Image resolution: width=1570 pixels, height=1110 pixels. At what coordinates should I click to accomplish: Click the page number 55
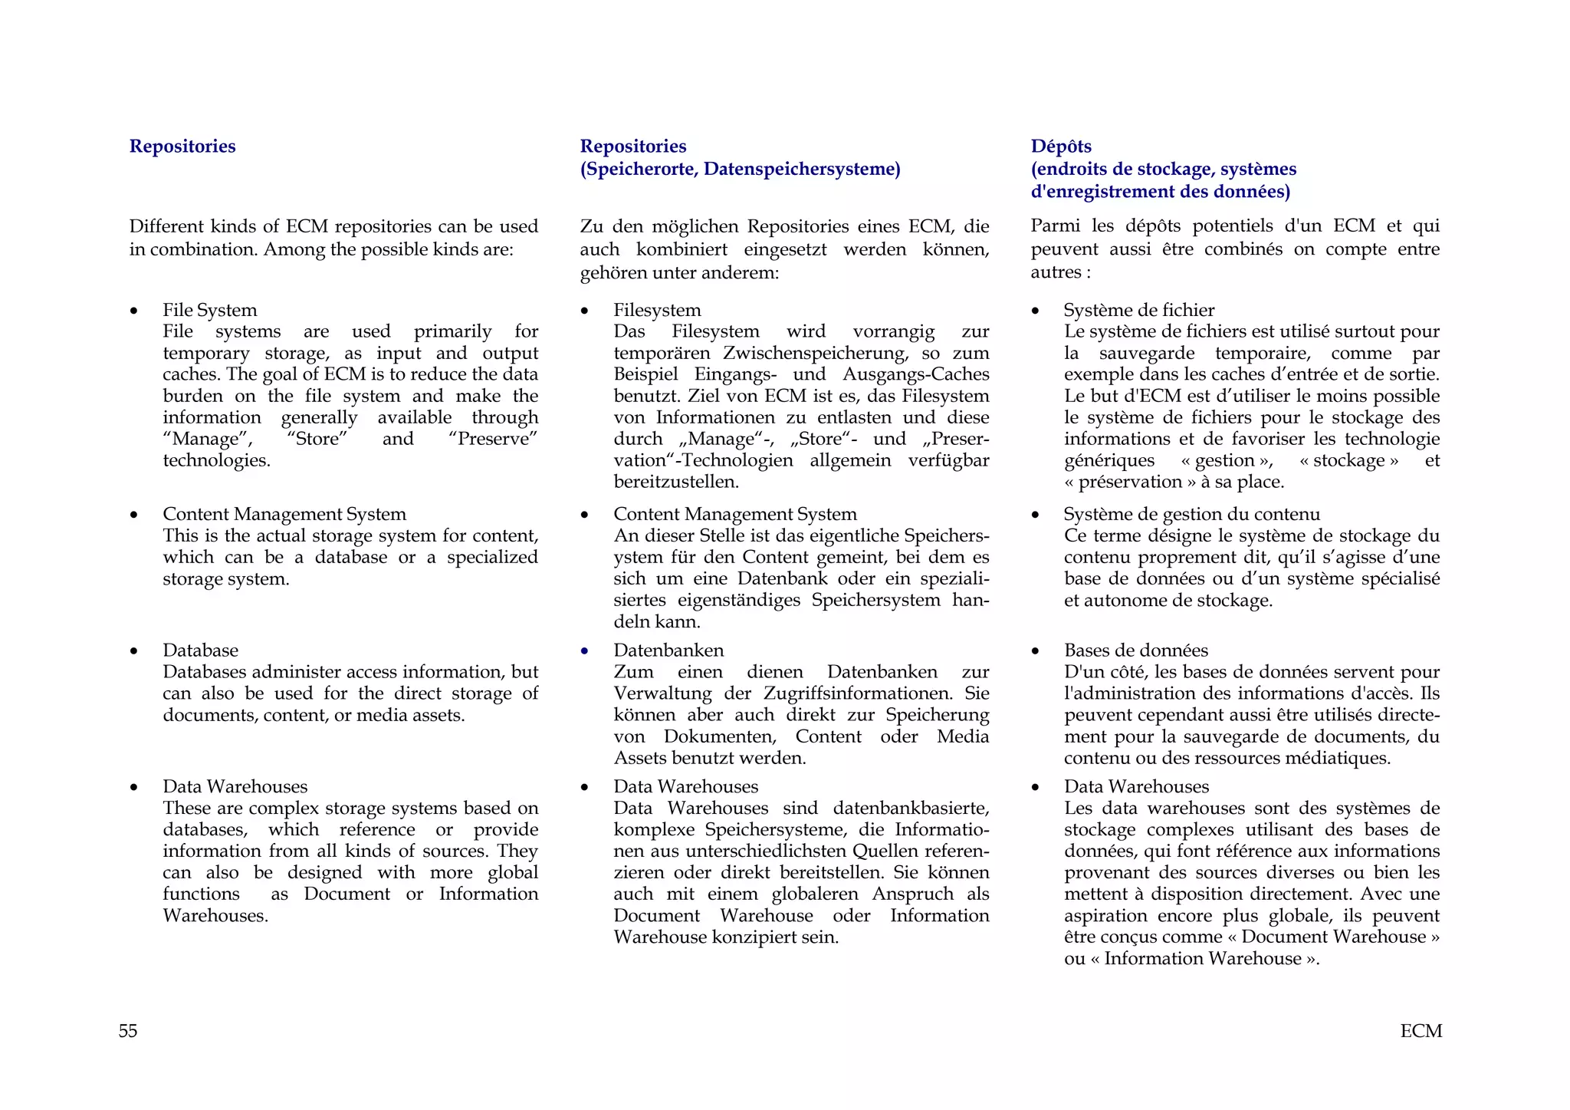pyautogui.click(x=128, y=1031)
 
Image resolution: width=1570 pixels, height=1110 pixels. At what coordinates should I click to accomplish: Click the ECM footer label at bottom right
pyautogui.click(x=1421, y=1031)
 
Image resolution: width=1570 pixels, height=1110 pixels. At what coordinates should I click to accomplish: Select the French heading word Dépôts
pyautogui.click(x=1061, y=147)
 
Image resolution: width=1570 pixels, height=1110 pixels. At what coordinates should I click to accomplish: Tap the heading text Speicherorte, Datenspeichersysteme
pyautogui.click(x=740, y=169)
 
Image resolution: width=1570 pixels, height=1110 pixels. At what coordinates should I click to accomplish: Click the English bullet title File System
pyautogui.click(x=209, y=310)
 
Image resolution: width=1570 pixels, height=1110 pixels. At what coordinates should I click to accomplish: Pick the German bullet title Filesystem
pyautogui.click(x=657, y=310)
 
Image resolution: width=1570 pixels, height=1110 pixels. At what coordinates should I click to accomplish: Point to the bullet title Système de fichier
pyautogui.click(x=1138, y=310)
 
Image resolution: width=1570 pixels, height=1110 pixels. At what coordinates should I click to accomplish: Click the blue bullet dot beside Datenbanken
pyautogui.click(x=585, y=651)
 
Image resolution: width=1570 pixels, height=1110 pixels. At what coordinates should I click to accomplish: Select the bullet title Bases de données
pyautogui.click(x=1135, y=651)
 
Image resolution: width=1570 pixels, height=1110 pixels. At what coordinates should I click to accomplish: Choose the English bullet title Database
pyautogui.click(x=200, y=651)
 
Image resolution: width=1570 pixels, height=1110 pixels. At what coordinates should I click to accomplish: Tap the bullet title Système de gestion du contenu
pyautogui.click(x=1191, y=514)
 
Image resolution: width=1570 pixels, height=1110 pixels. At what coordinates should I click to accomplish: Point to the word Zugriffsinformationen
pyautogui.click(x=858, y=693)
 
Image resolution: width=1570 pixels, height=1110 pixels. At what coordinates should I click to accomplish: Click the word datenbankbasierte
pyautogui.click(x=911, y=809)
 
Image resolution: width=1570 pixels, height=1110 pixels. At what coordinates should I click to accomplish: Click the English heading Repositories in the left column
pyautogui.click(x=182, y=147)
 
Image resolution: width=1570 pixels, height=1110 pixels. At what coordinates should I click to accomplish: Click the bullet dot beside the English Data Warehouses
pyautogui.click(x=134, y=788)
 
